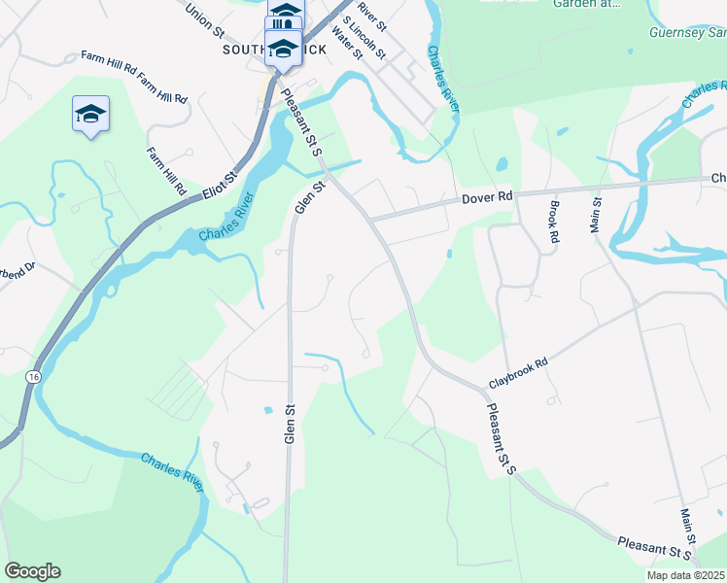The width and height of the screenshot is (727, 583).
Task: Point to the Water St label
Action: click(346, 42)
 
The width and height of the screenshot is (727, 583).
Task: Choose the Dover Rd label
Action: click(486, 198)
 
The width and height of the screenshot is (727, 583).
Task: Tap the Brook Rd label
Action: click(553, 221)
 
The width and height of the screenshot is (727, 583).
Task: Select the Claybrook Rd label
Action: click(519, 372)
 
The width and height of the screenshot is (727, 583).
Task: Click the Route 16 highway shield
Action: click(35, 376)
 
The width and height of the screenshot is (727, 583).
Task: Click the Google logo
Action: click(32, 571)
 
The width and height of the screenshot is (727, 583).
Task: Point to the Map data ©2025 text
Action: click(685, 575)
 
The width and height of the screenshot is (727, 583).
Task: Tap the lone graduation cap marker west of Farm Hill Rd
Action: click(90, 114)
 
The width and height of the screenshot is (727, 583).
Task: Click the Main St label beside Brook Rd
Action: click(595, 215)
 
